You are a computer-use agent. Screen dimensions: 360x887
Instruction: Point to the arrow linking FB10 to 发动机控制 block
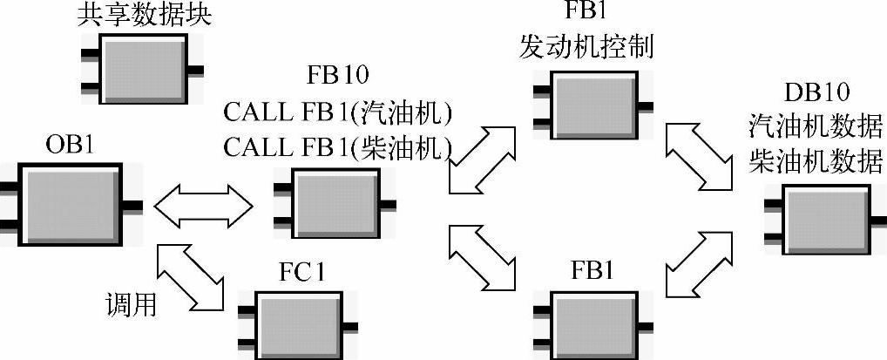tap(484, 158)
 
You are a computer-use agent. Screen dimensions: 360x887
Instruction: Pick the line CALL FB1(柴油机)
tap(335, 146)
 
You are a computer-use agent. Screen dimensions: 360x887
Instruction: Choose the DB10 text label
tap(816, 92)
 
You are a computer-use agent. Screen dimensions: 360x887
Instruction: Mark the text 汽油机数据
tap(816, 126)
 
